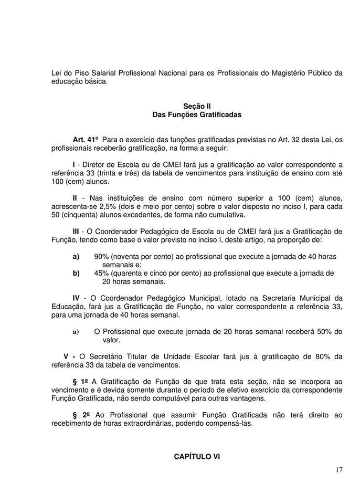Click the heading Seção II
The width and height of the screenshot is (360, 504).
(197, 106)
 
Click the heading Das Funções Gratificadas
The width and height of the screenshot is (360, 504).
(197, 114)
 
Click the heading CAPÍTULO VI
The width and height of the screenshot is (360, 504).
(197, 457)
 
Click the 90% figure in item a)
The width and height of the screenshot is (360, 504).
(102, 256)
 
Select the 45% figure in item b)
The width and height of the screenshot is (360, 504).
(102, 273)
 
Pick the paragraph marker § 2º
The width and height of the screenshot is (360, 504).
(80, 415)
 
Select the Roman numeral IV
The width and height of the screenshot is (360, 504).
(76, 298)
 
